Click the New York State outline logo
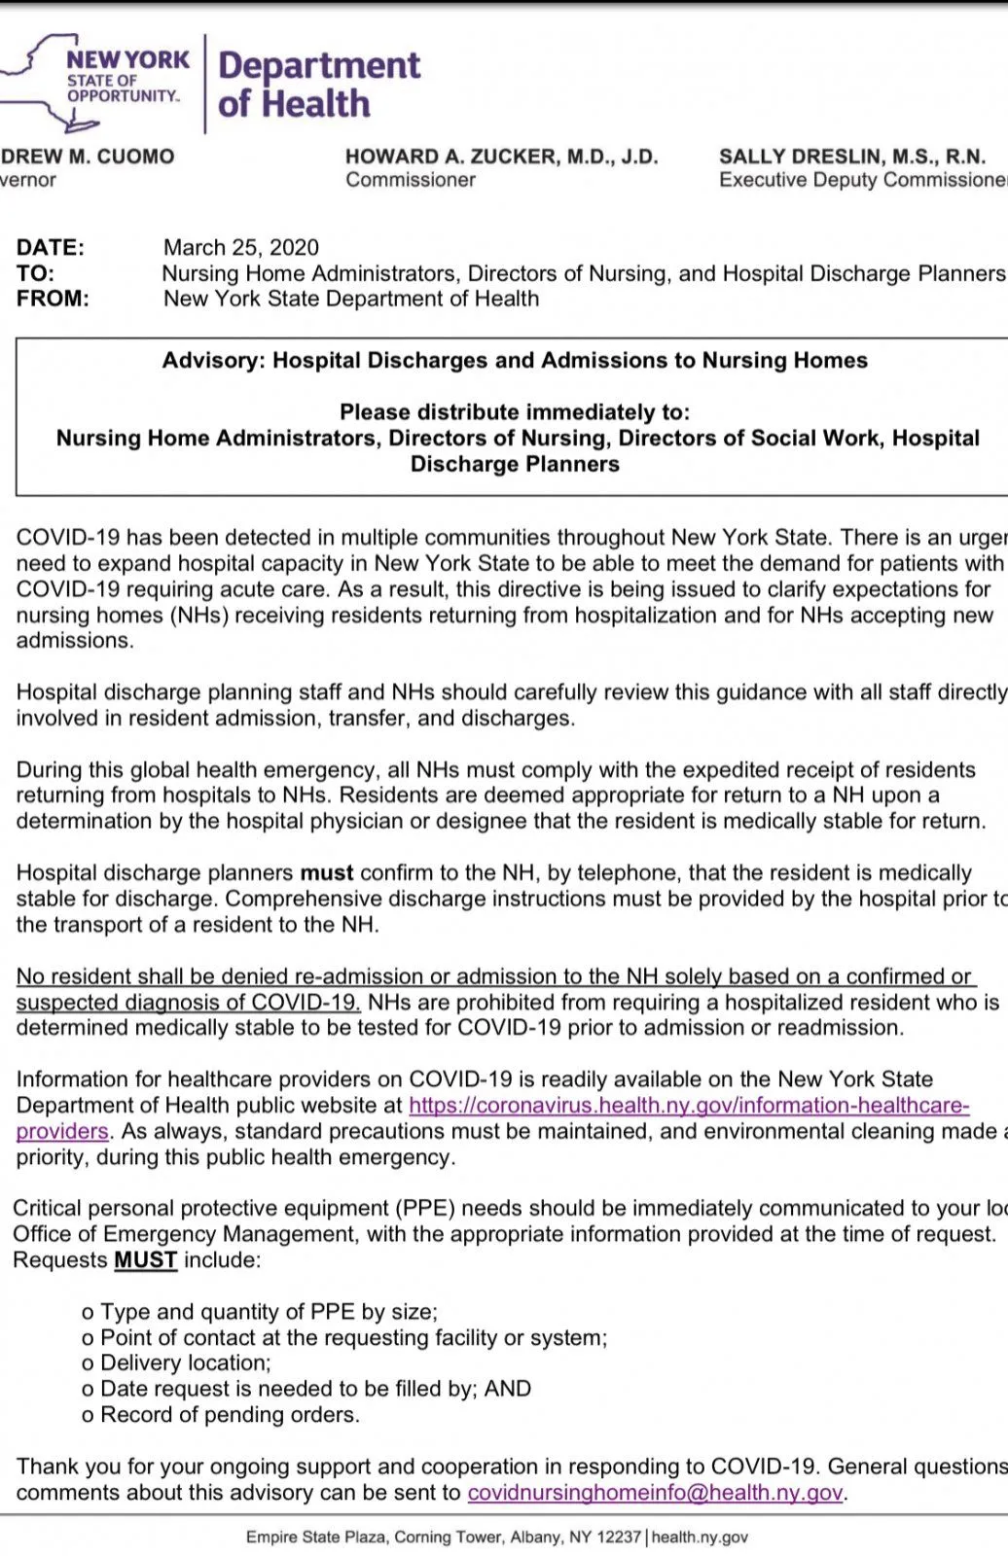coord(58,83)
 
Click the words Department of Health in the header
coord(318,84)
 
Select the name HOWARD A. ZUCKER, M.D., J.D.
coord(501,157)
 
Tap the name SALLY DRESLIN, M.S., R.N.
coord(851,157)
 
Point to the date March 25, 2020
coord(240,247)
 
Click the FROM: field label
coord(52,299)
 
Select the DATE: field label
coord(50,247)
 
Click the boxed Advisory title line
coord(514,361)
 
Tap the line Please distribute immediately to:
coord(514,412)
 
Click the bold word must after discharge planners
coord(326,873)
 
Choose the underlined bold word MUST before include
coord(145,1260)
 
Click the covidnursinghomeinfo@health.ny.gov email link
coord(655,1493)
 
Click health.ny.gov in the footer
coord(700,1538)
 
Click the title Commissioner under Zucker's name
coord(411,180)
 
